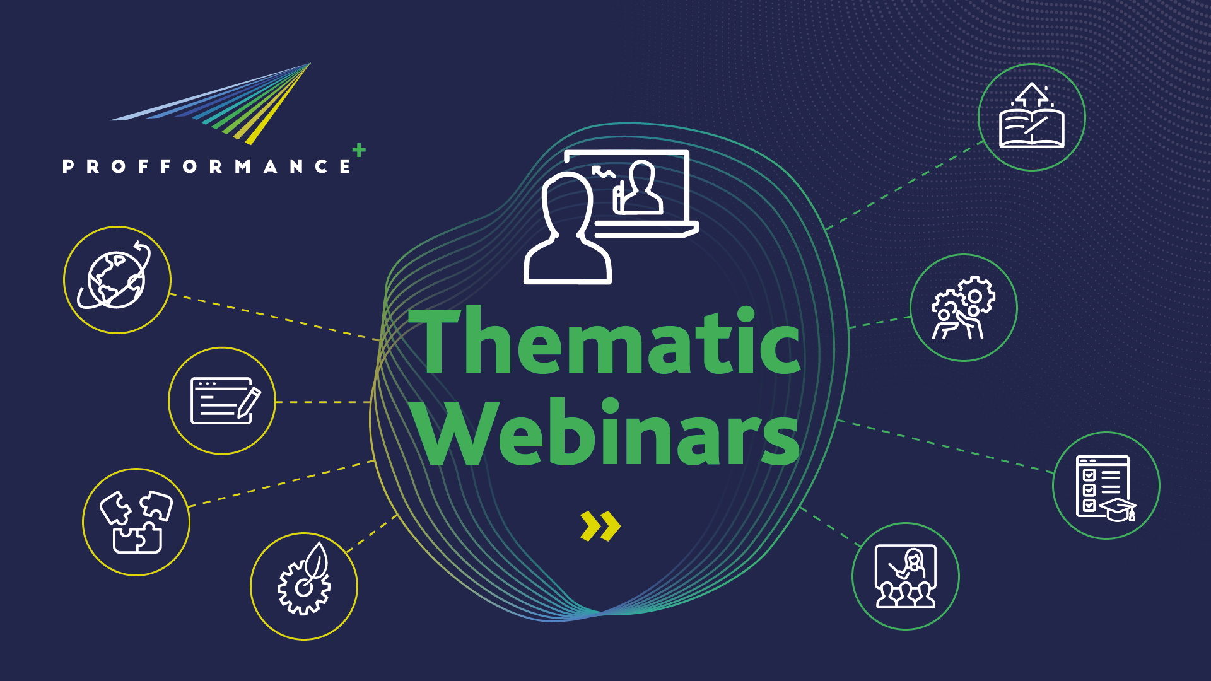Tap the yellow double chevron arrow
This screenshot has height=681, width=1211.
[x=600, y=527]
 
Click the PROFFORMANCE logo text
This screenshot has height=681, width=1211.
[x=206, y=166]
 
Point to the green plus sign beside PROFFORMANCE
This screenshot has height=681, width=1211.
[x=359, y=150]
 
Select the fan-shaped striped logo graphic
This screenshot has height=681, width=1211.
[x=211, y=103]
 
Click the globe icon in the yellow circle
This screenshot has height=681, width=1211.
[x=115, y=279]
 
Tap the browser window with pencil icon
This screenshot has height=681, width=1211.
[x=225, y=401]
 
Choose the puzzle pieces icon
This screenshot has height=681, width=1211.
[x=136, y=522]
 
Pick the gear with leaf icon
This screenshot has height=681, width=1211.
[x=305, y=579]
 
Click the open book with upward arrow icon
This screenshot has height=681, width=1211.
[x=1031, y=115]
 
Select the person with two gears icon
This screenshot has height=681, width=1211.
[x=963, y=308]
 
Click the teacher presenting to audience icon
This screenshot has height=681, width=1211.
[x=906, y=576]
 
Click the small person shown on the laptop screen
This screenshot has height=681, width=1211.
[x=639, y=188]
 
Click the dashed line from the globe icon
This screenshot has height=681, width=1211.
[x=275, y=317]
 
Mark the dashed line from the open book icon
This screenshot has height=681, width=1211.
[x=904, y=185]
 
